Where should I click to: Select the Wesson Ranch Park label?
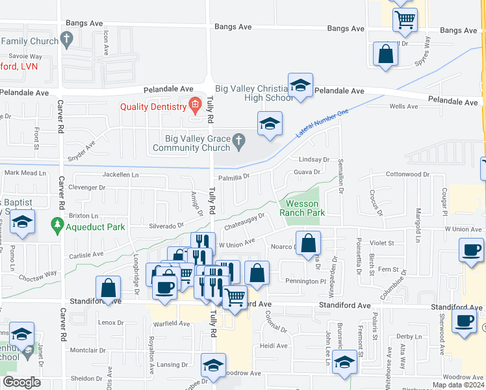301,208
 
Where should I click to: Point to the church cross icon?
239,139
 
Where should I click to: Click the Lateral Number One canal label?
322,123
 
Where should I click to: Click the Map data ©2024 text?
459,385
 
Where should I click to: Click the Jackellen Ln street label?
121,175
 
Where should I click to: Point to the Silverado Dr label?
168,226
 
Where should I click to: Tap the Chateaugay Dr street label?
245,222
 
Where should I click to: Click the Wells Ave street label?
403,107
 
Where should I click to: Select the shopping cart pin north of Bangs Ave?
405,19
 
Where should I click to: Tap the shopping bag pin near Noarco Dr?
309,244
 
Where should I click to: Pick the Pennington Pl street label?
305,281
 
